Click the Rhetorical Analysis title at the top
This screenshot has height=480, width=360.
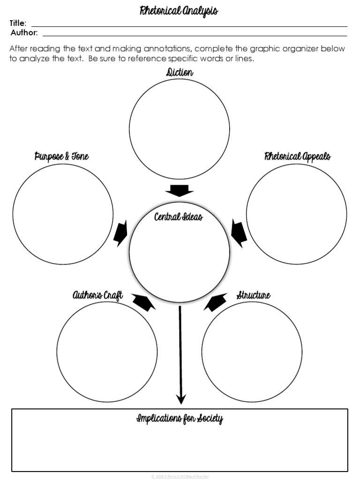179,11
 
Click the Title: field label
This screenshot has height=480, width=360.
18,23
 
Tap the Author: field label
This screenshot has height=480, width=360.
24,33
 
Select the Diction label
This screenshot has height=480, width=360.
179,73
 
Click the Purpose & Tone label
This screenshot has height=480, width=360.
61,157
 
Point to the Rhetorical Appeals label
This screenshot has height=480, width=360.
297,157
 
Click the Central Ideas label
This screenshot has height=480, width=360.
179,217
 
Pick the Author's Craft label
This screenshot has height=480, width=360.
97,295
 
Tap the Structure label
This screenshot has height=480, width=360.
253,295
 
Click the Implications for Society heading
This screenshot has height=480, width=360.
180,419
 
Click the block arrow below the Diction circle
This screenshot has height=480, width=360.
179,191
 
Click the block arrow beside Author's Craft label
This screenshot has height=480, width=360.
144,302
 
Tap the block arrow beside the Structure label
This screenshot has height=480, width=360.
215,302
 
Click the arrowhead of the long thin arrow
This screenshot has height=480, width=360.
180,399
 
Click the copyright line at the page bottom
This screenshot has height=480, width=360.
180,476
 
